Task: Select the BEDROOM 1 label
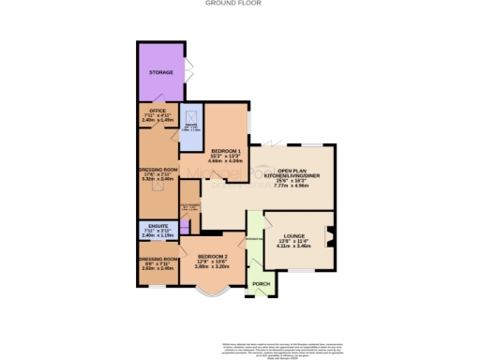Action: pos(226,152)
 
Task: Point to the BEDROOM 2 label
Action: pos(212,256)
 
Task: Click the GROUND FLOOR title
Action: pos(240,4)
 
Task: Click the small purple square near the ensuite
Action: pos(185,226)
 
